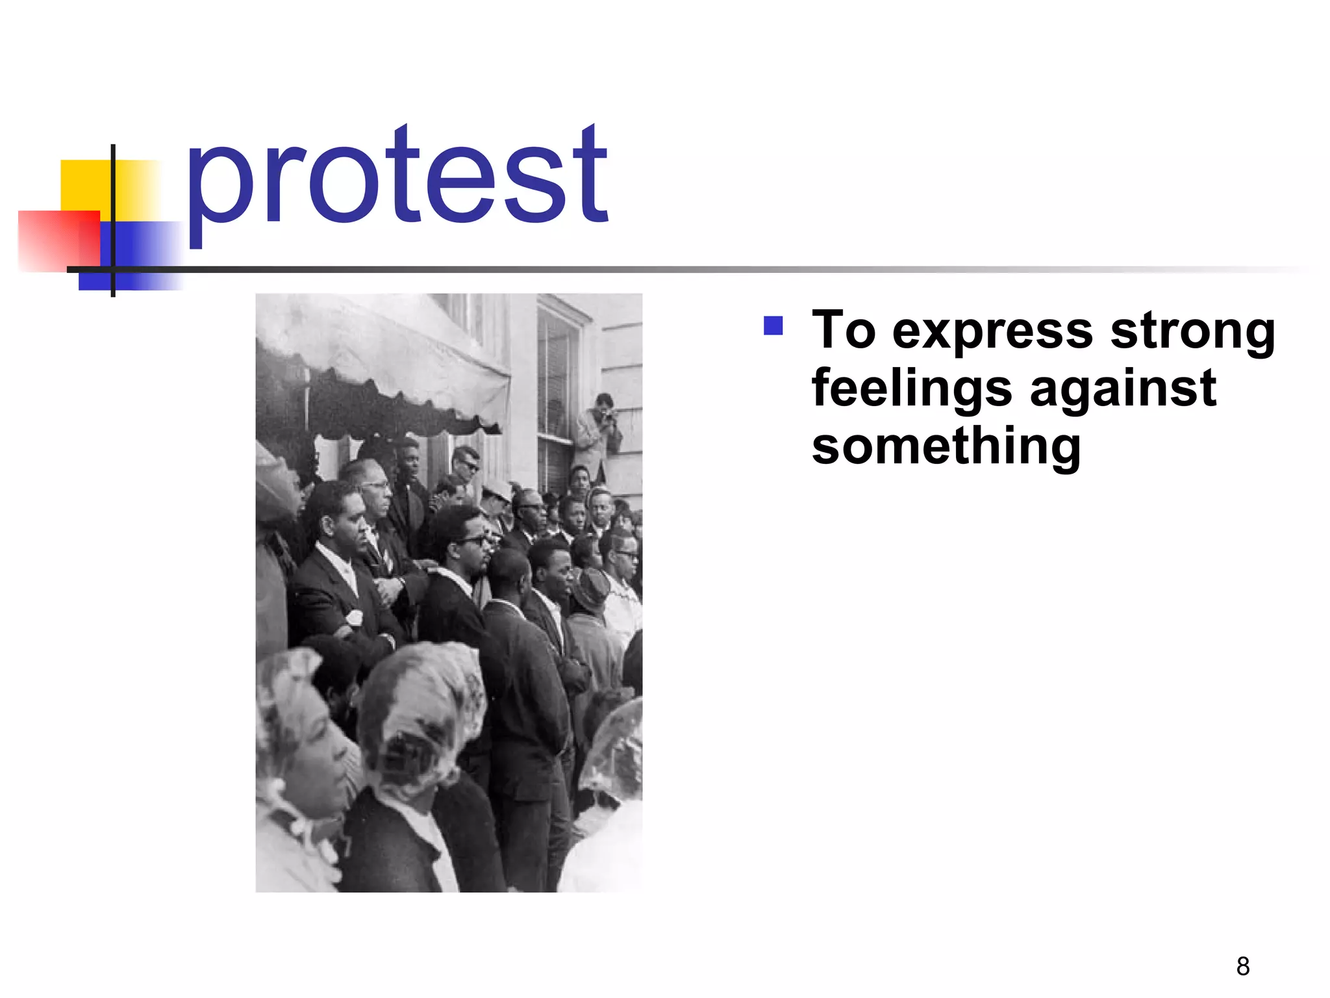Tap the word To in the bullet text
pos(844,330)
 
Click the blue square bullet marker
pos(773,326)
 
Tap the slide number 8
pos(1243,966)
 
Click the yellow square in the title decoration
pos(84,185)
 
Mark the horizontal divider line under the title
pos(714,270)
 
